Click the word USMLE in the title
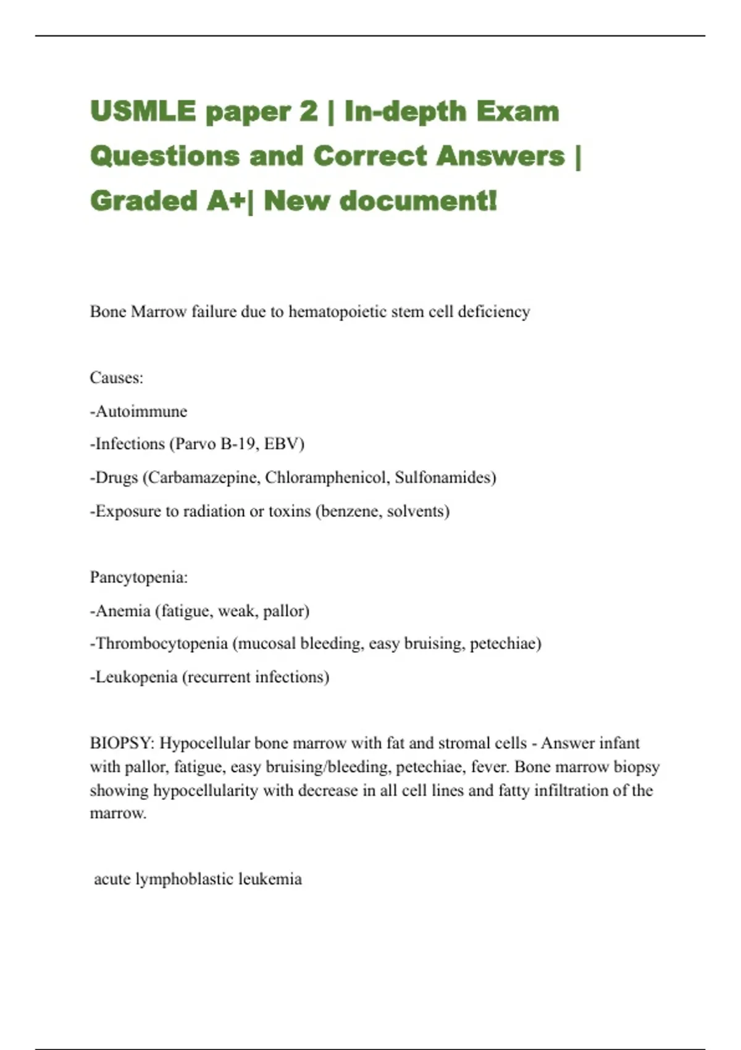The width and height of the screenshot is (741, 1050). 143,112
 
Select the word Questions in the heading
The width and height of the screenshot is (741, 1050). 164,156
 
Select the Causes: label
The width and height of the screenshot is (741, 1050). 117,378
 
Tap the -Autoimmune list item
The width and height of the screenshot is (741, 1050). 138,411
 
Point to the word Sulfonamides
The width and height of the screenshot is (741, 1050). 443,477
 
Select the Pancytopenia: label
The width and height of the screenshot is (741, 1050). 139,577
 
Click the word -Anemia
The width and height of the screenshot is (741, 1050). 120,611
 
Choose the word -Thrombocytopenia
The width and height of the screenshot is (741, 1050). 159,644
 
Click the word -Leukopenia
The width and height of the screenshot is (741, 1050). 133,677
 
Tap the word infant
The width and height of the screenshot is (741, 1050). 619,743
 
